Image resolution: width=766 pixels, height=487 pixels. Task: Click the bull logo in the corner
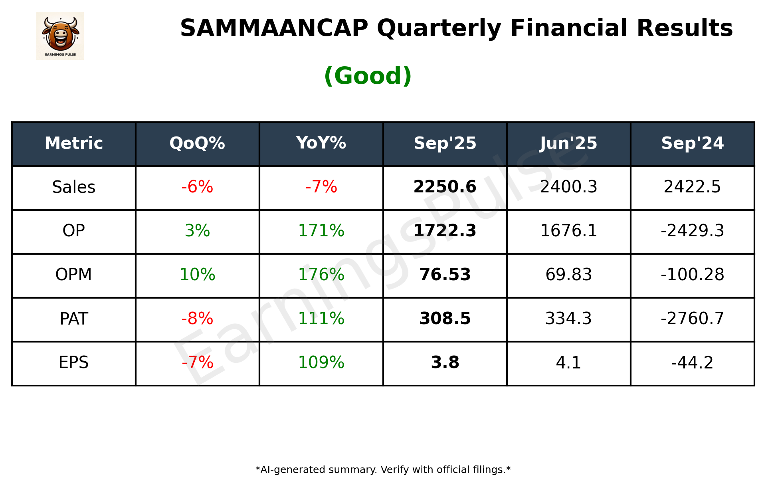coord(60,36)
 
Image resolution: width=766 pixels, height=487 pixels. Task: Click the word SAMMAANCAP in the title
coord(274,28)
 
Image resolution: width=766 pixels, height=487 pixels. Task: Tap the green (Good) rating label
coord(368,76)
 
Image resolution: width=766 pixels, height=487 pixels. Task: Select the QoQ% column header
coord(197,143)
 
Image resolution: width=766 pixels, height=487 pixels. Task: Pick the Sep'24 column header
coord(692,143)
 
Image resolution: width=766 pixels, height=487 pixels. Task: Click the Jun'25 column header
coord(568,143)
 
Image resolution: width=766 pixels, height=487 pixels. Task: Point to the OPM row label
coord(73,275)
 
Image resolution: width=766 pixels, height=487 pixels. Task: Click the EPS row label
coord(73,362)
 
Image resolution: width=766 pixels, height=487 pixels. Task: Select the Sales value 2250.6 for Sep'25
coord(445,187)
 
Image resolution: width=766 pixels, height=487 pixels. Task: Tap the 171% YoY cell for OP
coord(321,231)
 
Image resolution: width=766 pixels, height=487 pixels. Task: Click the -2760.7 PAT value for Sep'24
coord(692,319)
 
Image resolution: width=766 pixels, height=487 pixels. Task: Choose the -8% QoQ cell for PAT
coord(197,319)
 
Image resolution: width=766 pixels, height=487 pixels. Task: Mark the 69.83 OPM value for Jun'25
coord(568,275)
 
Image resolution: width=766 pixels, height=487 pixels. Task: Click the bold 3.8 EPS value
coord(445,362)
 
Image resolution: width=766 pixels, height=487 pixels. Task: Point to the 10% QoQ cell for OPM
coord(197,275)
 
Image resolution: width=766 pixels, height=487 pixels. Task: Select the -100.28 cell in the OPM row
coord(692,275)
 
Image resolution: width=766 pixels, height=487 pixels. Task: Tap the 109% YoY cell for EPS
coord(321,362)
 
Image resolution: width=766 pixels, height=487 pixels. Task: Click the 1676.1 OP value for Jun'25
coord(568,231)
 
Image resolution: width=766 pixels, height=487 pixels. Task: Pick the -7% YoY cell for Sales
coord(321,187)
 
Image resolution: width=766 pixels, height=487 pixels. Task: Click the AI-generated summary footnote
coord(383,470)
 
